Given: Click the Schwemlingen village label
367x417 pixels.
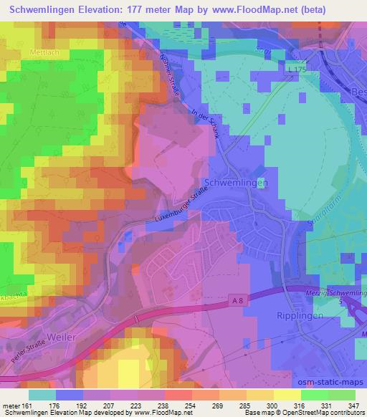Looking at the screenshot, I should [237, 183].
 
